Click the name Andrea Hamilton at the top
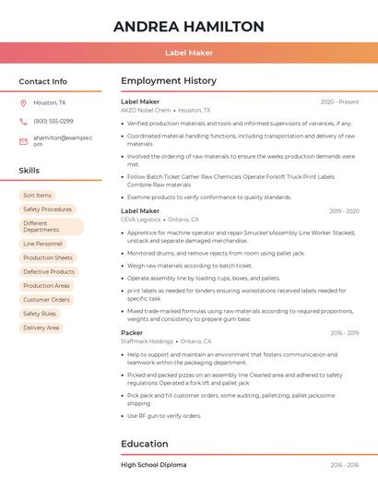pos(188,27)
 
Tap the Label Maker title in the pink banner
pos(188,53)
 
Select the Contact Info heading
pos(43,81)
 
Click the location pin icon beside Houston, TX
pos(23,103)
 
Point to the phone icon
pos(23,122)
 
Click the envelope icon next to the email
pos(23,141)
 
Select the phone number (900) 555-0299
pos(53,122)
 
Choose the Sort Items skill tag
pos(37,196)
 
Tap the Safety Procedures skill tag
pos(47,209)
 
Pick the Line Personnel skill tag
pos(42,244)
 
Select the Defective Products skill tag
pos(49,272)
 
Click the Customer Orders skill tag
pos(46,300)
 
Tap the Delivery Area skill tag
pos(41,328)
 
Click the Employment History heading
pos(169,81)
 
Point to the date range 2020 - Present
pos(339,101)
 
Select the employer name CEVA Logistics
pos(141,220)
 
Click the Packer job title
pos(132,332)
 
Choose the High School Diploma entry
pos(153,465)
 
